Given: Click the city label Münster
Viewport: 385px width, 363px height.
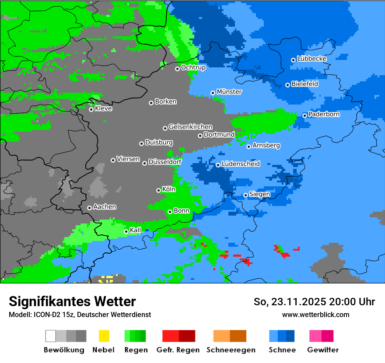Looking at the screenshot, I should pyautogui.click(x=229, y=92).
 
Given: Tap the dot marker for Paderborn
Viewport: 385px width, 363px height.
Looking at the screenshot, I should pyautogui.click(x=305, y=115).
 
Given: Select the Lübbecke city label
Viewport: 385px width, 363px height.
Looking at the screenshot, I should pyautogui.click(x=312, y=59).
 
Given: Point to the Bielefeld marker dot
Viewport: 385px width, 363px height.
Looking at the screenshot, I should pyautogui.click(x=288, y=85).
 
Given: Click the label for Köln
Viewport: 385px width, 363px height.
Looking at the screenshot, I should pyautogui.click(x=168, y=189).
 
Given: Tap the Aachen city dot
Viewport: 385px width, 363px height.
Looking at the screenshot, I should pyautogui.click(x=89, y=208).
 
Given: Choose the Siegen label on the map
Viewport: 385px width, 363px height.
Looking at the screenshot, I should pyautogui.click(x=259, y=194).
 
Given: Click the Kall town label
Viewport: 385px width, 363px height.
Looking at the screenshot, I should pyautogui.click(x=136, y=230).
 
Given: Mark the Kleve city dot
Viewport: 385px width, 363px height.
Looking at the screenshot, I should pyautogui.click(x=91, y=109).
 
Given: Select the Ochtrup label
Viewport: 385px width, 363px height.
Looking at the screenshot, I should pyautogui.click(x=193, y=67).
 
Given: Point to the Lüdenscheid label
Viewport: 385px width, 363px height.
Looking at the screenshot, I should pyautogui.click(x=241, y=164).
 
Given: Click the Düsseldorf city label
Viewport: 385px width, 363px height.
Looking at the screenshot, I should pyautogui.click(x=165, y=162).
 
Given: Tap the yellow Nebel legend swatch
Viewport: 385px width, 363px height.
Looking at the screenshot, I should pyautogui.click(x=104, y=336).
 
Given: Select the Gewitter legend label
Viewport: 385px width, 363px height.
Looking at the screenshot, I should pyautogui.click(x=323, y=350).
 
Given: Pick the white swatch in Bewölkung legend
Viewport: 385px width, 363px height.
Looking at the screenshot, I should pyautogui.click(x=50, y=336).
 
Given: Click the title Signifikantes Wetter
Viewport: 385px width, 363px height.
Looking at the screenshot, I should pyautogui.click(x=72, y=301).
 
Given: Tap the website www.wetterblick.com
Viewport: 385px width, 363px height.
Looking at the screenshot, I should pyautogui.click(x=316, y=314).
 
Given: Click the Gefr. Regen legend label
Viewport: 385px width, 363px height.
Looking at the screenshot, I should pyautogui.click(x=178, y=350).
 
